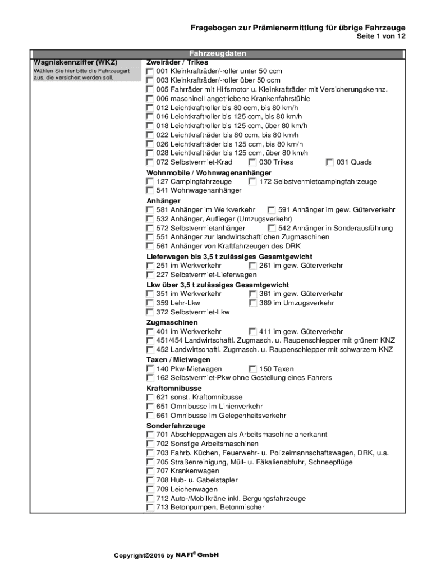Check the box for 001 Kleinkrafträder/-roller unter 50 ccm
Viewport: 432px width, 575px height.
(x=150, y=72)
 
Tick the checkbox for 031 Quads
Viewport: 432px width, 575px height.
(x=330, y=162)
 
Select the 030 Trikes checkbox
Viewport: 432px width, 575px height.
(x=252, y=162)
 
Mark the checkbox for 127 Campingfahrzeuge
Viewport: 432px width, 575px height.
(x=150, y=182)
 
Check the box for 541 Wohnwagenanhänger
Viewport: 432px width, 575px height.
(x=150, y=191)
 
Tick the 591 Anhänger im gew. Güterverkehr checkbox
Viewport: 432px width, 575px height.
(x=272, y=210)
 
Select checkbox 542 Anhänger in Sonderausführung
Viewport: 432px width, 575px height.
(x=272, y=229)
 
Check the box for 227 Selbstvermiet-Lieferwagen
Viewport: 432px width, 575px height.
(x=150, y=275)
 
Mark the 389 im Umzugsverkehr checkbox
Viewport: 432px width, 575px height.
(x=252, y=303)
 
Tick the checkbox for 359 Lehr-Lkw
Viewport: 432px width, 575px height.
(x=150, y=303)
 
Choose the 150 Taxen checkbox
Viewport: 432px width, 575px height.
(x=252, y=369)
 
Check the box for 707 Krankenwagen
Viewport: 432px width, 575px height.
(x=150, y=471)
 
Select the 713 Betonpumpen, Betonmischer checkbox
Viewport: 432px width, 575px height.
(x=150, y=508)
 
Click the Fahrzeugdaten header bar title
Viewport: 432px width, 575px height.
(x=217, y=53)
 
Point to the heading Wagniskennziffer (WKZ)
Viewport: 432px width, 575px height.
(x=75, y=62)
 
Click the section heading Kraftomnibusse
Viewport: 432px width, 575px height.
(x=174, y=388)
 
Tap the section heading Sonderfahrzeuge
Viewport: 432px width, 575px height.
(x=176, y=426)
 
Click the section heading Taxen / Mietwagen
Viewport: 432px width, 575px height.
(x=178, y=359)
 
